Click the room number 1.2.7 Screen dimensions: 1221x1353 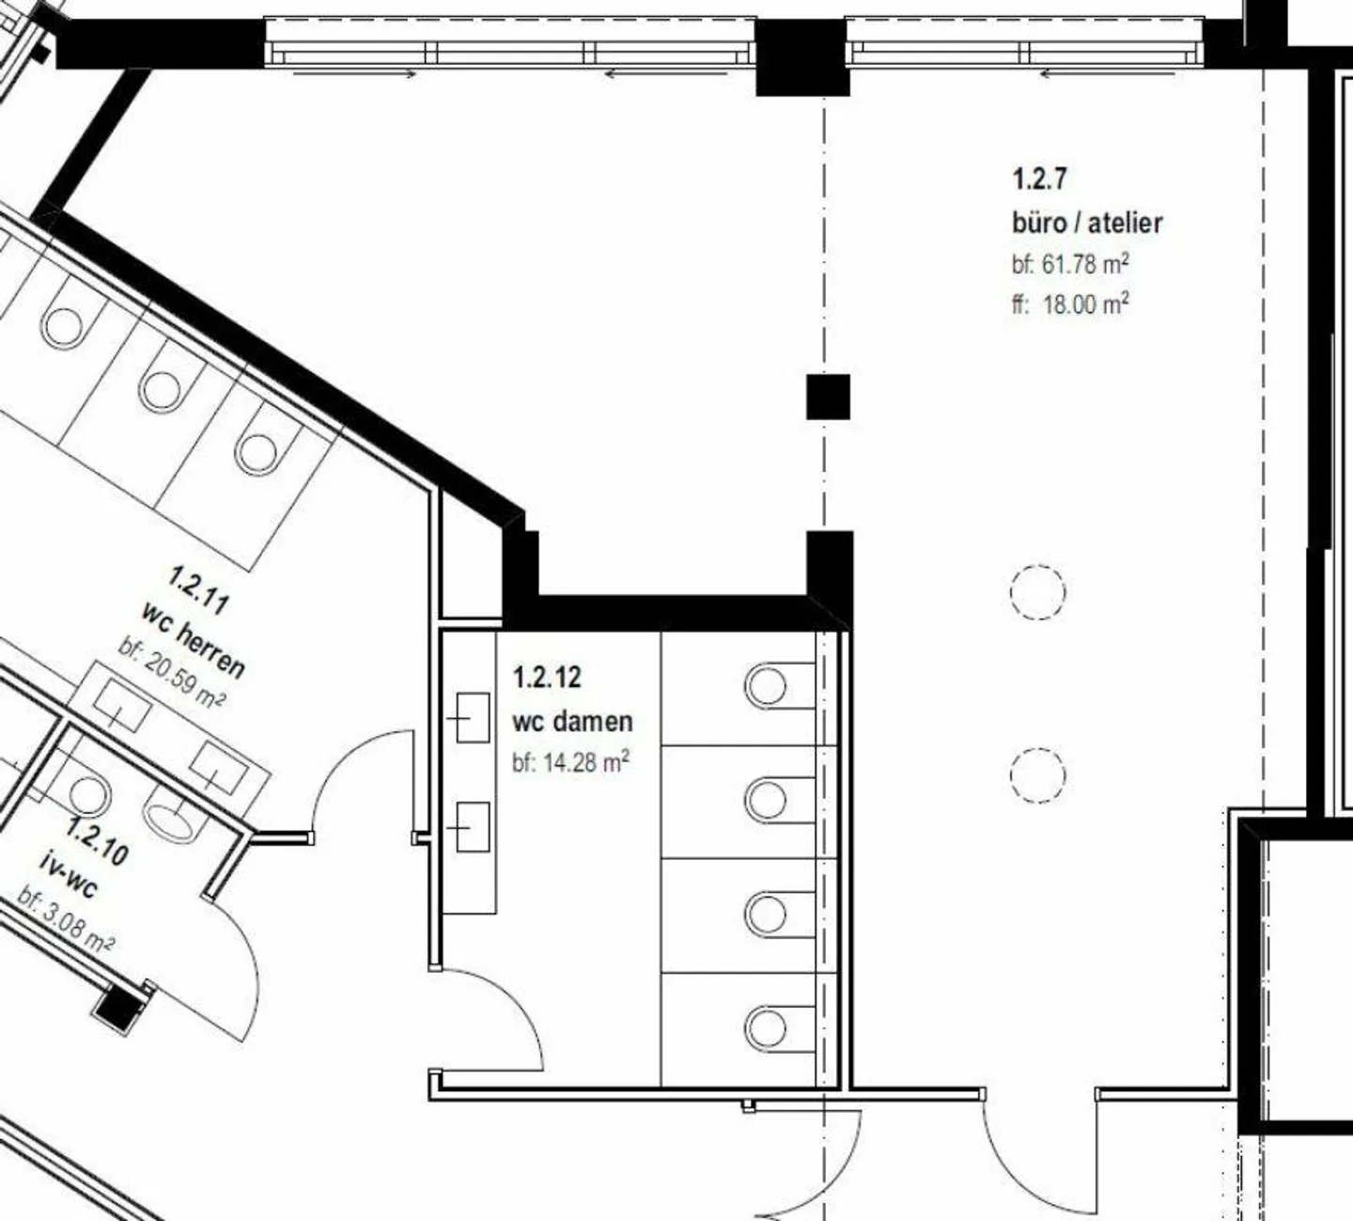[1039, 178]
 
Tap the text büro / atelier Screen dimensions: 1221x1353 [1087, 223]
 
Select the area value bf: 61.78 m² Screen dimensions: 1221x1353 [1070, 264]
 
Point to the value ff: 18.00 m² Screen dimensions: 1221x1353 [1070, 304]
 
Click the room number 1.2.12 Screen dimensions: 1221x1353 [547, 677]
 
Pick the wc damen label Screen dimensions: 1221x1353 [572, 722]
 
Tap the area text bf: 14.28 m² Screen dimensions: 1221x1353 [570, 762]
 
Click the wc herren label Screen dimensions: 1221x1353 [194, 639]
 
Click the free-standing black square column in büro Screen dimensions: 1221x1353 [828, 397]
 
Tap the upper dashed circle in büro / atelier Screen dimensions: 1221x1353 [1037, 592]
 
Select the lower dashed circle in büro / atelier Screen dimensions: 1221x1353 [1037, 775]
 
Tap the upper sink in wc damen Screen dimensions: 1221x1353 [472, 718]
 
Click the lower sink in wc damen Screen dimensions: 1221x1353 [472, 827]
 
